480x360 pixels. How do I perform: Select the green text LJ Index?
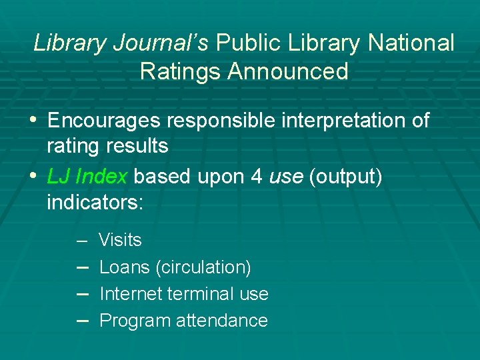coord(87,177)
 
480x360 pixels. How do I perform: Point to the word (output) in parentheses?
coord(345,177)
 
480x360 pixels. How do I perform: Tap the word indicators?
coord(95,201)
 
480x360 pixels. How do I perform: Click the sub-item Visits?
coord(120,240)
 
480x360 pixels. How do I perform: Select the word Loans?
coord(124,267)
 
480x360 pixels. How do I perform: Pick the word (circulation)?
coord(203,267)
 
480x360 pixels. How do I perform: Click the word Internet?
coord(129,294)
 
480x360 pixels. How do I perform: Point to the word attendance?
coord(221,321)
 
